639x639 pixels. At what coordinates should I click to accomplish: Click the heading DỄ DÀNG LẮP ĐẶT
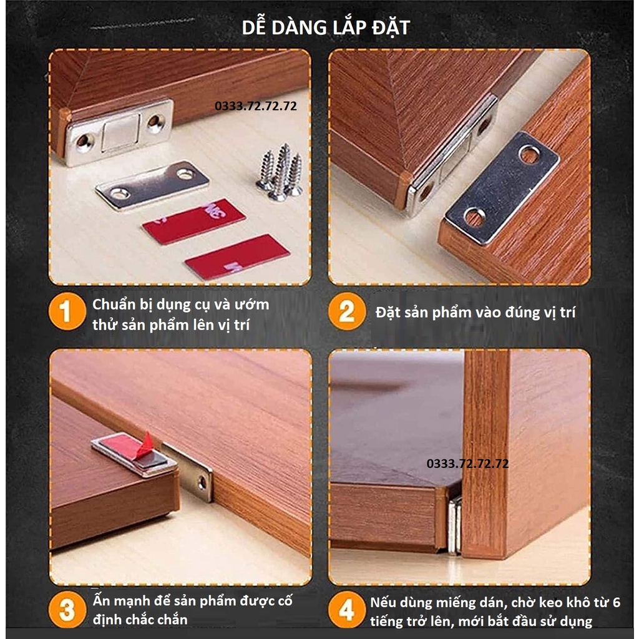tap(326, 27)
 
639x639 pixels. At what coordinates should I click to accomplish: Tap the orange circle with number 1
tap(67, 311)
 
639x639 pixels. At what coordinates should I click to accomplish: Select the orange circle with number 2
tap(347, 311)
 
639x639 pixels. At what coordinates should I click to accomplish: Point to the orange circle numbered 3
tap(67, 610)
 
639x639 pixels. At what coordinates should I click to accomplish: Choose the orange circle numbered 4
tap(347, 610)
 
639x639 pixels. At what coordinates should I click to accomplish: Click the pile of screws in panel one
tap(280, 173)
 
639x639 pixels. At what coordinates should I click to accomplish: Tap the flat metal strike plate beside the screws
tap(152, 185)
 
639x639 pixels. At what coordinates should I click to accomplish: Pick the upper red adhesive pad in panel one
tap(193, 221)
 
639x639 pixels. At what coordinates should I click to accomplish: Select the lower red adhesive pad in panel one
tap(237, 256)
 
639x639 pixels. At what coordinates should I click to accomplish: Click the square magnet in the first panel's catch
tap(120, 132)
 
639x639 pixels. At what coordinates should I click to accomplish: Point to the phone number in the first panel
tap(255, 106)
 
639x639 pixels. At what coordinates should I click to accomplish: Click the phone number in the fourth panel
tap(467, 464)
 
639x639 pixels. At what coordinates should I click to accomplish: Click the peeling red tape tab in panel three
tap(145, 445)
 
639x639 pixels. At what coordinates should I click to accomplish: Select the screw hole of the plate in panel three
tap(202, 483)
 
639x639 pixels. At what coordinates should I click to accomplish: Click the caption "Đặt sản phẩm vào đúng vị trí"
tap(475, 313)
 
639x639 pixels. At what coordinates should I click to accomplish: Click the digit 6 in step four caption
tap(616, 602)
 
